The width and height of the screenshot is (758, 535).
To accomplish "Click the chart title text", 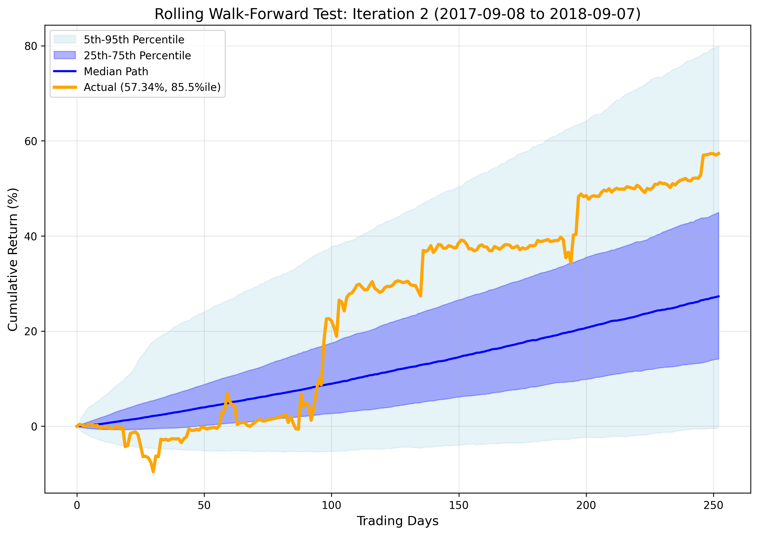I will coord(397,14).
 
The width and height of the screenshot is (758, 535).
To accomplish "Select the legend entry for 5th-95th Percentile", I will coord(134,40).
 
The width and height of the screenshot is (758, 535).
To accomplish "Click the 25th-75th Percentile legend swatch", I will coord(65,55).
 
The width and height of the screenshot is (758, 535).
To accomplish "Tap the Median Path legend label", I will coord(116,71).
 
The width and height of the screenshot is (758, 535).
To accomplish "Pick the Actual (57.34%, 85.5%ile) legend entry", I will coord(152,87).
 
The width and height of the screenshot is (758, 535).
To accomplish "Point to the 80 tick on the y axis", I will coord(30,46).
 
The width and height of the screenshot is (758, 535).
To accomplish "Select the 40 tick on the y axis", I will coord(30,236).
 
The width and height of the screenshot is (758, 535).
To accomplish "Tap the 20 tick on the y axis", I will coord(30,332).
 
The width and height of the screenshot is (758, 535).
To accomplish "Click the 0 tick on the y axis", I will coord(34,427).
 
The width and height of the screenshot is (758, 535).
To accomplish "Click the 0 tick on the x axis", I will coord(77,506).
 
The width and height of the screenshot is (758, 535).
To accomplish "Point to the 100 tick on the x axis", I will coord(331,506).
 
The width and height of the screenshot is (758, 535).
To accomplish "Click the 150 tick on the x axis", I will coord(459,506).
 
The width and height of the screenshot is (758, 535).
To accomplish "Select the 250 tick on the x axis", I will coord(713,506).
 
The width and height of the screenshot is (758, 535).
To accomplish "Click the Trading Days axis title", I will coord(397,521).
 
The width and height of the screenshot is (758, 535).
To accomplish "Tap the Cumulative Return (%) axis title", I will coord(13,260).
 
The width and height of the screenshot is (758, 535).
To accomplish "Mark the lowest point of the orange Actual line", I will coord(153,471).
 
